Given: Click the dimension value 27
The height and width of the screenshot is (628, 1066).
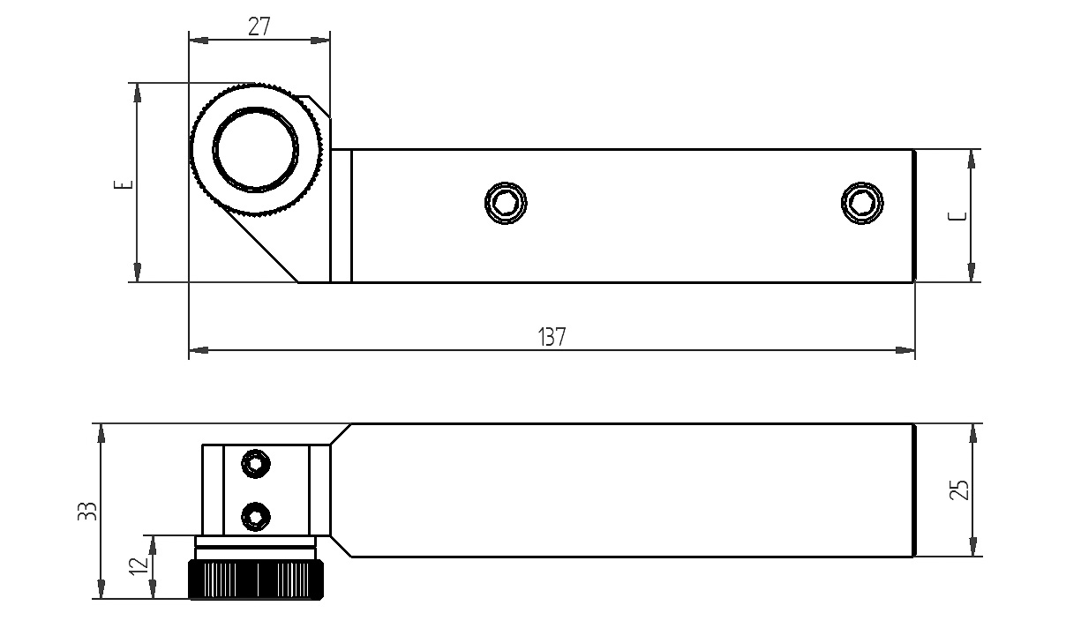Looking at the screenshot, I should point(259,26).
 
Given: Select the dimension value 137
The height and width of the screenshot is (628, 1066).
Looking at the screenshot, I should point(552,337).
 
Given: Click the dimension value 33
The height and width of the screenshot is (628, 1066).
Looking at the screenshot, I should point(86,512).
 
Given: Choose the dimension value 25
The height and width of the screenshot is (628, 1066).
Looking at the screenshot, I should point(960,490).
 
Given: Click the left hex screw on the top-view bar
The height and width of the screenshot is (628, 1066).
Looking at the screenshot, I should point(506,203).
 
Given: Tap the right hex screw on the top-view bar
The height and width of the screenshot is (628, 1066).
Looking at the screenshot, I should point(862,203).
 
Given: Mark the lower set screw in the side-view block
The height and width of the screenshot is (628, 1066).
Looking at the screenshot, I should point(256,516).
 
